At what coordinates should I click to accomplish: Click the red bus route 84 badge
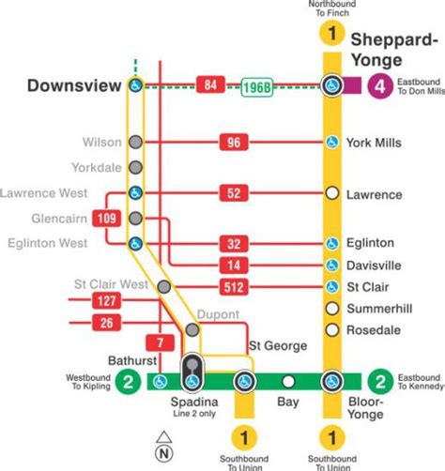point(209,86)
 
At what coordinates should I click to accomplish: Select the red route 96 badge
point(234,143)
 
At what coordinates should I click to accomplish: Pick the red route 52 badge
point(234,194)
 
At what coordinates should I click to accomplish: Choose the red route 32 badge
point(234,243)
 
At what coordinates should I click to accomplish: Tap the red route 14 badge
point(234,265)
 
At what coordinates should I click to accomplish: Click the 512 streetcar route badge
point(234,286)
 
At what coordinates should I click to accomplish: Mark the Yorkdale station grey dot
point(136,168)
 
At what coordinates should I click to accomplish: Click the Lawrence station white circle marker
point(330,194)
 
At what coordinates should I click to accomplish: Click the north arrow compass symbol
point(164,439)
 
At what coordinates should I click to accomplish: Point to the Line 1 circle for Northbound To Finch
point(330,35)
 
